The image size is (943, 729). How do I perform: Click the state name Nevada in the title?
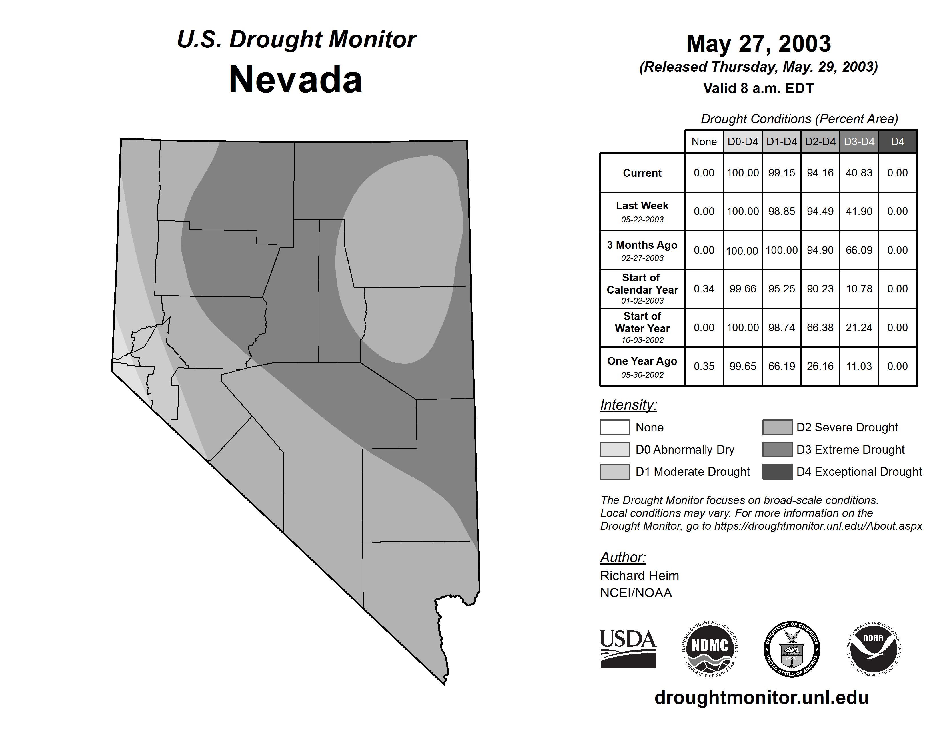tap(296, 80)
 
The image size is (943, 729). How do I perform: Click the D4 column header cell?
tap(897, 142)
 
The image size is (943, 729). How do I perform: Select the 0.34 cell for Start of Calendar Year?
tap(704, 288)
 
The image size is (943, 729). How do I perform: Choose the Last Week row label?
tap(642, 212)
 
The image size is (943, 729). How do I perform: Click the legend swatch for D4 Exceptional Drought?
tap(777, 472)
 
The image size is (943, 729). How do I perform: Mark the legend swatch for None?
tap(614, 427)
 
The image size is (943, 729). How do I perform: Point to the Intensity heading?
tap(628, 405)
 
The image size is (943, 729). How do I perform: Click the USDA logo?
tap(628, 649)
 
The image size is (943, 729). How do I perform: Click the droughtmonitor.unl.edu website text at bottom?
tap(762, 698)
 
